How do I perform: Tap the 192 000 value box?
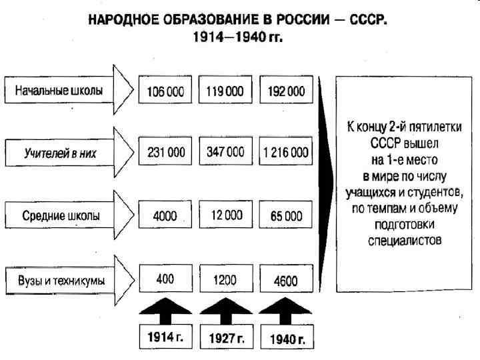(x=287, y=91)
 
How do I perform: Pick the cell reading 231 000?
(x=166, y=153)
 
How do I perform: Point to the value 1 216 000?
(x=287, y=153)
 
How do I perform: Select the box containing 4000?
(x=166, y=215)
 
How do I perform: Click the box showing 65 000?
(x=287, y=215)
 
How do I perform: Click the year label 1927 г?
(x=227, y=339)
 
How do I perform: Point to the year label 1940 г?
(x=287, y=339)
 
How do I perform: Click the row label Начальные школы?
(x=59, y=91)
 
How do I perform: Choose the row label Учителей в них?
(x=59, y=153)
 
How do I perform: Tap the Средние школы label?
(x=59, y=215)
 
